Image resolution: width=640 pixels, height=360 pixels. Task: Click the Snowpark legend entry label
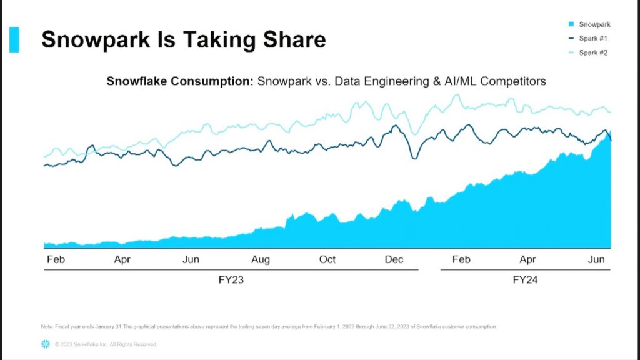[x=594, y=24]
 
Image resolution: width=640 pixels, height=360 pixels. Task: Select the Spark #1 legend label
[x=593, y=39]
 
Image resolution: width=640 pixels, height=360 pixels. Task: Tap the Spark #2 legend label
[x=593, y=52]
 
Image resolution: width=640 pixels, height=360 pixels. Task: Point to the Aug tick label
[x=261, y=259]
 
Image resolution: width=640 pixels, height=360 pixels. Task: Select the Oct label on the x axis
[x=327, y=259]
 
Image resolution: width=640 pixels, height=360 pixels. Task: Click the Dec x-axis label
[x=394, y=259]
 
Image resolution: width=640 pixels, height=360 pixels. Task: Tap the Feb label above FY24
[x=461, y=259]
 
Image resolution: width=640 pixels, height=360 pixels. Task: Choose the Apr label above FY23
[x=122, y=259]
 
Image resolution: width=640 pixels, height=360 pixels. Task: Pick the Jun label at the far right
[x=596, y=259]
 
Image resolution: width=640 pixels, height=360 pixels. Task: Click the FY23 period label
[x=231, y=280]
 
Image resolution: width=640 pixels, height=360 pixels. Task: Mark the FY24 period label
[x=525, y=280]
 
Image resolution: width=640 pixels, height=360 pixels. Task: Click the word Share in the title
[x=294, y=40]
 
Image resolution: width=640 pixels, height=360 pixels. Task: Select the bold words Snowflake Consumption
[x=180, y=81]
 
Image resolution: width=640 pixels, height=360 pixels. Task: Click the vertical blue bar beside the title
[x=14, y=39]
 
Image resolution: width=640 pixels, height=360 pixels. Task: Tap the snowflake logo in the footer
[x=45, y=344]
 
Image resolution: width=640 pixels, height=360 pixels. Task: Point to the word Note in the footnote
[x=47, y=327]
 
